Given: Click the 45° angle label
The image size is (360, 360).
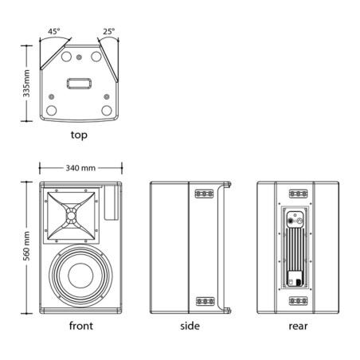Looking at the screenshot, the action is click(53, 31).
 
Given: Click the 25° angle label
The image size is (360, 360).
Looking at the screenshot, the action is click(109, 31).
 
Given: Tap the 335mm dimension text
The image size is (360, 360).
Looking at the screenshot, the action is click(26, 84).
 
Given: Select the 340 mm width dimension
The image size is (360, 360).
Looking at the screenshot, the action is click(80, 168).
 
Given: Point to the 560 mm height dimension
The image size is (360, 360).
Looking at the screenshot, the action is click(26, 246).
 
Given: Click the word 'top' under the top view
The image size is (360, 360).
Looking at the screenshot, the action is click(79, 135).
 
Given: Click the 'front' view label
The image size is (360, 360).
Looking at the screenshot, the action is click(81, 326).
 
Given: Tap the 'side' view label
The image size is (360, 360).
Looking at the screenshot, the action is click(190, 326).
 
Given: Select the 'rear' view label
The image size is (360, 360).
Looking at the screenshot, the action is click(298, 326).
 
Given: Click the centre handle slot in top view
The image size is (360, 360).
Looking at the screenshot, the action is click(79, 84).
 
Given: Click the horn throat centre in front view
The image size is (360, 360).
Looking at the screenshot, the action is click(71, 216).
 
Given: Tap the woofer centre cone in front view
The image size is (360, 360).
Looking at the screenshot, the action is click(80, 276).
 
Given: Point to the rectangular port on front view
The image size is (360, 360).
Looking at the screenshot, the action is click(112, 203).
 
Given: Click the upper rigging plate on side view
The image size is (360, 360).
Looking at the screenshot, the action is click(205, 194).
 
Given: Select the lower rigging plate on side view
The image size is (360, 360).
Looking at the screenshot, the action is click(205, 301).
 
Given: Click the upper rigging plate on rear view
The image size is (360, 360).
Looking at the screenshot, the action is click(298, 194).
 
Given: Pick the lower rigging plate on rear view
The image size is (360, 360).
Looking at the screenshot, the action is click(298, 301).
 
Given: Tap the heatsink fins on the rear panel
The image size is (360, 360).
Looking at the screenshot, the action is click(295, 249).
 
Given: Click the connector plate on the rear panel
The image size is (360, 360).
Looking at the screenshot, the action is click(295, 219).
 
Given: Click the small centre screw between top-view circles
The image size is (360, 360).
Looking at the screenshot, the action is click(79, 57).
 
